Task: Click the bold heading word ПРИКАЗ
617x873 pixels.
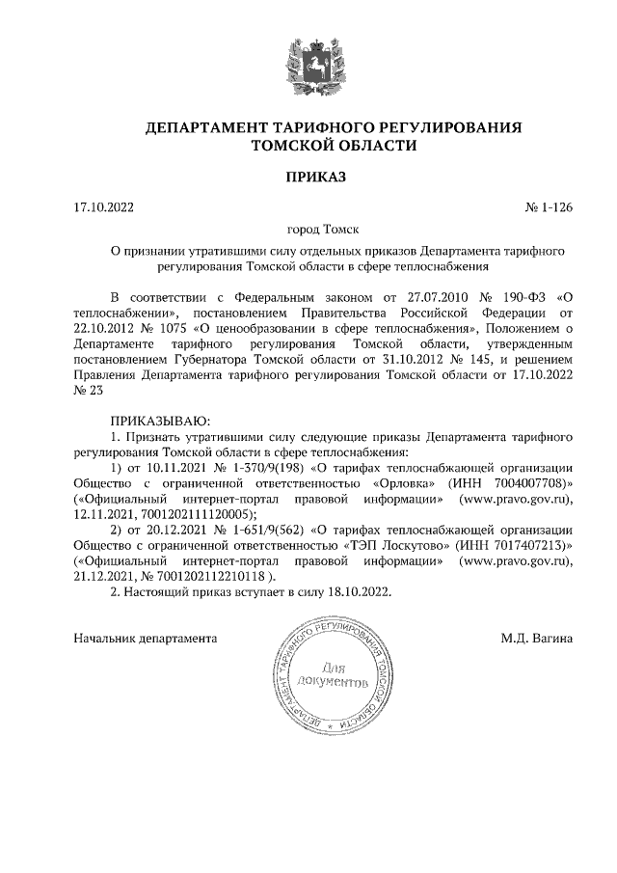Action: point(308,177)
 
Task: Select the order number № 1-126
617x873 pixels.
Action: point(549,207)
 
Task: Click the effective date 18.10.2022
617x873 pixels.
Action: point(359,592)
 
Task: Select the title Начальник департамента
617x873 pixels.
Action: point(145,638)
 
